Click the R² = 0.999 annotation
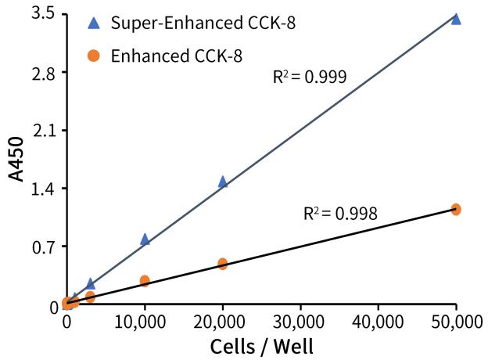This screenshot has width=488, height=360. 310,77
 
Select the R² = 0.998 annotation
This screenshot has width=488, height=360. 340,213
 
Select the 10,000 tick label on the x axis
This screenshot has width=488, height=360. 145,321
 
